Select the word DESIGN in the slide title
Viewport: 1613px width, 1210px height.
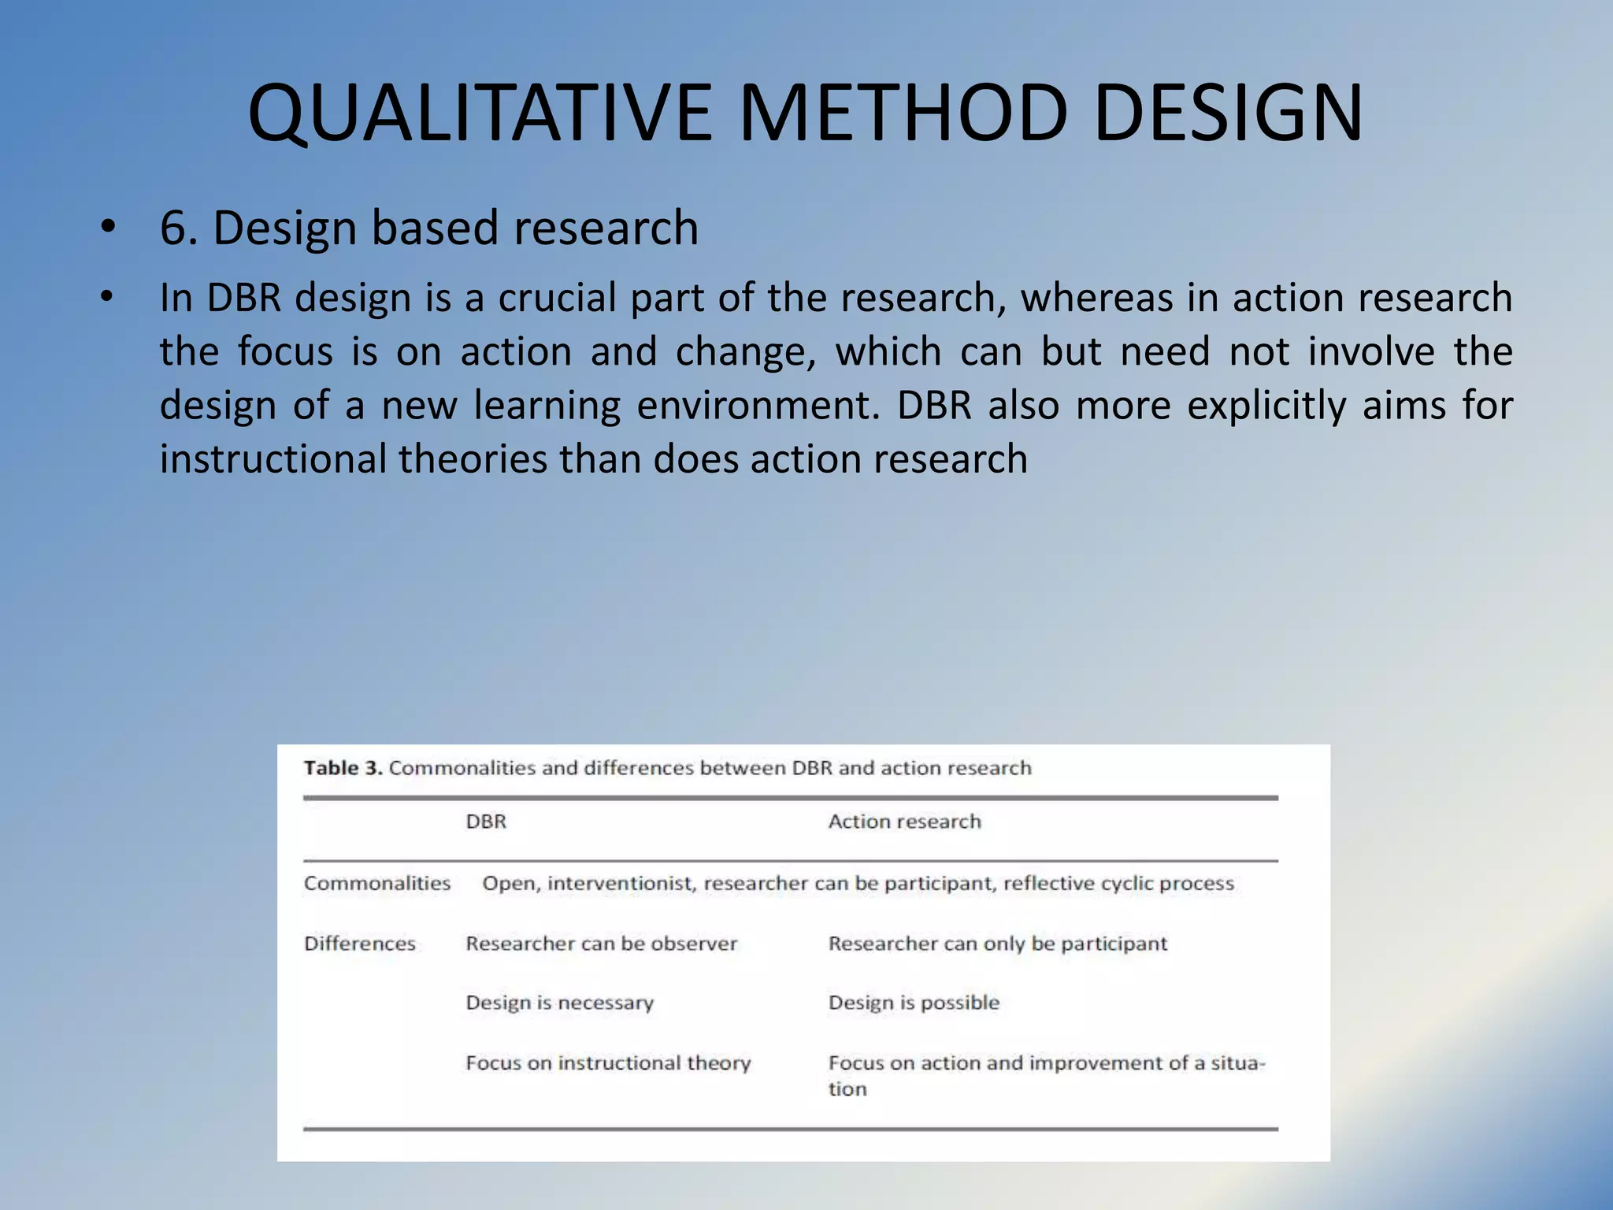pos(1229,114)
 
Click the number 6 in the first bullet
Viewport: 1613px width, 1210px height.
pos(173,229)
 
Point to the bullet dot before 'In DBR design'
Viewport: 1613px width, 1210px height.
pos(108,299)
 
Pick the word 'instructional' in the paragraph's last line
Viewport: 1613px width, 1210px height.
pos(273,459)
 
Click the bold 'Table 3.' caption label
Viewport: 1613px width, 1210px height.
pos(343,768)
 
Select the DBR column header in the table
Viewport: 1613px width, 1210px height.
pos(486,822)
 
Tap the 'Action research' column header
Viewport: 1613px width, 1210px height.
pos(904,822)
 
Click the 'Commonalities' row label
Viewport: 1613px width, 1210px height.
pos(377,883)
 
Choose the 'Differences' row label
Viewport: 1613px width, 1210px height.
pos(359,944)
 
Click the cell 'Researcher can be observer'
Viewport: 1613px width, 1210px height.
pos(601,944)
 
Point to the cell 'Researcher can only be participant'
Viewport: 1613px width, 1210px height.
pos(997,944)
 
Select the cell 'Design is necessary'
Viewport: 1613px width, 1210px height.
pos(559,1003)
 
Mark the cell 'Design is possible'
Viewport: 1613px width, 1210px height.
pos(914,1003)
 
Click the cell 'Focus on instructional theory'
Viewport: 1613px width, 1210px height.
pos(608,1063)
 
